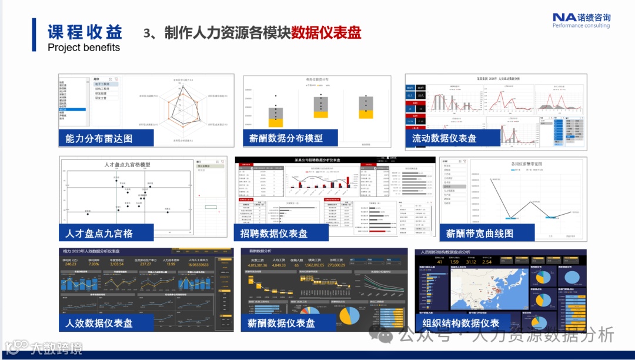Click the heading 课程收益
pos(85,31)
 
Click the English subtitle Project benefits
pos(83,48)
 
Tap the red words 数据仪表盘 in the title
pos(326,32)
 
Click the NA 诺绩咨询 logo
pos(581,20)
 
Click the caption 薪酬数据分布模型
pos(285,138)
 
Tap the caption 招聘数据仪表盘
pos(274,233)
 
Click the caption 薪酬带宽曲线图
pos(480,233)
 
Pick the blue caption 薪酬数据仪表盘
pos(281,323)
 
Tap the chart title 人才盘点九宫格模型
pos(127,165)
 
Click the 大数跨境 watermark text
pos(56,348)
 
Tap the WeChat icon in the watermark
pos(386,336)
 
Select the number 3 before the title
pos(147,33)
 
